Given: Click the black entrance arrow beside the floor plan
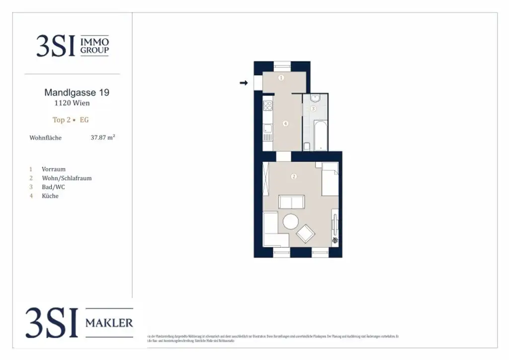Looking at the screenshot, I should click(x=244, y=83).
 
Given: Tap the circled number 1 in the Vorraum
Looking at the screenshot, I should click(x=281, y=78).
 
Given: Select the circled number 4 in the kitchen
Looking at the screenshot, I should click(x=285, y=124).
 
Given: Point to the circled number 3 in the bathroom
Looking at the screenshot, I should click(x=313, y=108).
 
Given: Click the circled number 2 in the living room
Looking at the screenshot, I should click(x=294, y=177).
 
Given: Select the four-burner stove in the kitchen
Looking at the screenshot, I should click(x=267, y=105).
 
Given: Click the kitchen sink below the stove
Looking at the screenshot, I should click(x=267, y=130).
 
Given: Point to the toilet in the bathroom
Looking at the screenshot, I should click(x=307, y=146).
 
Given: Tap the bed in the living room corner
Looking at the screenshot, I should click(x=330, y=180).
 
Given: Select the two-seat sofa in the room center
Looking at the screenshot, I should click(x=292, y=202).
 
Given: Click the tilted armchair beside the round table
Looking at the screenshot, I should click(x=306, y=233).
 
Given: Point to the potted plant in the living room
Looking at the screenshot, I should click(x=335, y=240).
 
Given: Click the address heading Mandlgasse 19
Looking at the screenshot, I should click(x=77, y=92).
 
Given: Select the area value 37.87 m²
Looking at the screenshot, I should click(x=102, y=138).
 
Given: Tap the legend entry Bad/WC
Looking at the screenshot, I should click(x=53, y=187).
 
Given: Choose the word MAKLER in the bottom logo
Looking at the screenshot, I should click(x=109, y=323).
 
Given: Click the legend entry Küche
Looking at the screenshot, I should click(x=50, y=196).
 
